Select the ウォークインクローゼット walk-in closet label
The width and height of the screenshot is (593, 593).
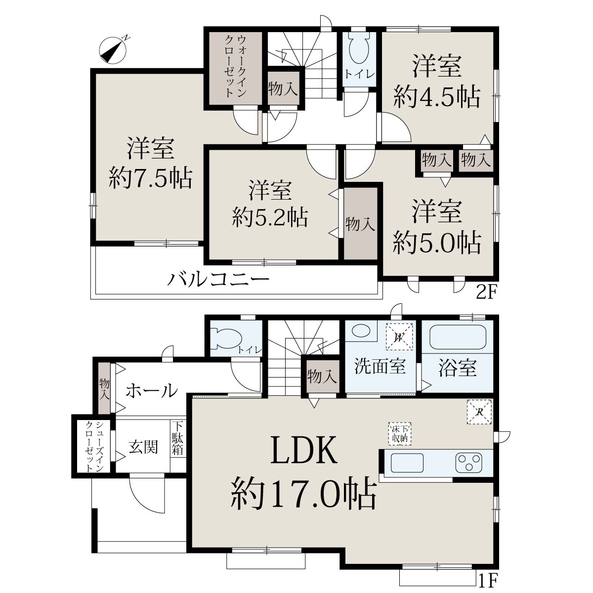pyautogui.click(x=236, y=66)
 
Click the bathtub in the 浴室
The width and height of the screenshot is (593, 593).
pyautogui.click(x=458, y=337)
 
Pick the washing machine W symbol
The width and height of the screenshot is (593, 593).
pyautogui.click(x=399, y=337)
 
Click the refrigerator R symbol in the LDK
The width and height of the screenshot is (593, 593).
pyautogui.click(x=479, y=412)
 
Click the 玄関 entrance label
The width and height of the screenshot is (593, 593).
pyautogui.click(x=143, y=447)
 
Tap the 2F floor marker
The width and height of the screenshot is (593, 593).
pyautogui.click(x=486, y=292)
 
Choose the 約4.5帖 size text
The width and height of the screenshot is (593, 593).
pyautogui.click(x=437, y=97)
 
